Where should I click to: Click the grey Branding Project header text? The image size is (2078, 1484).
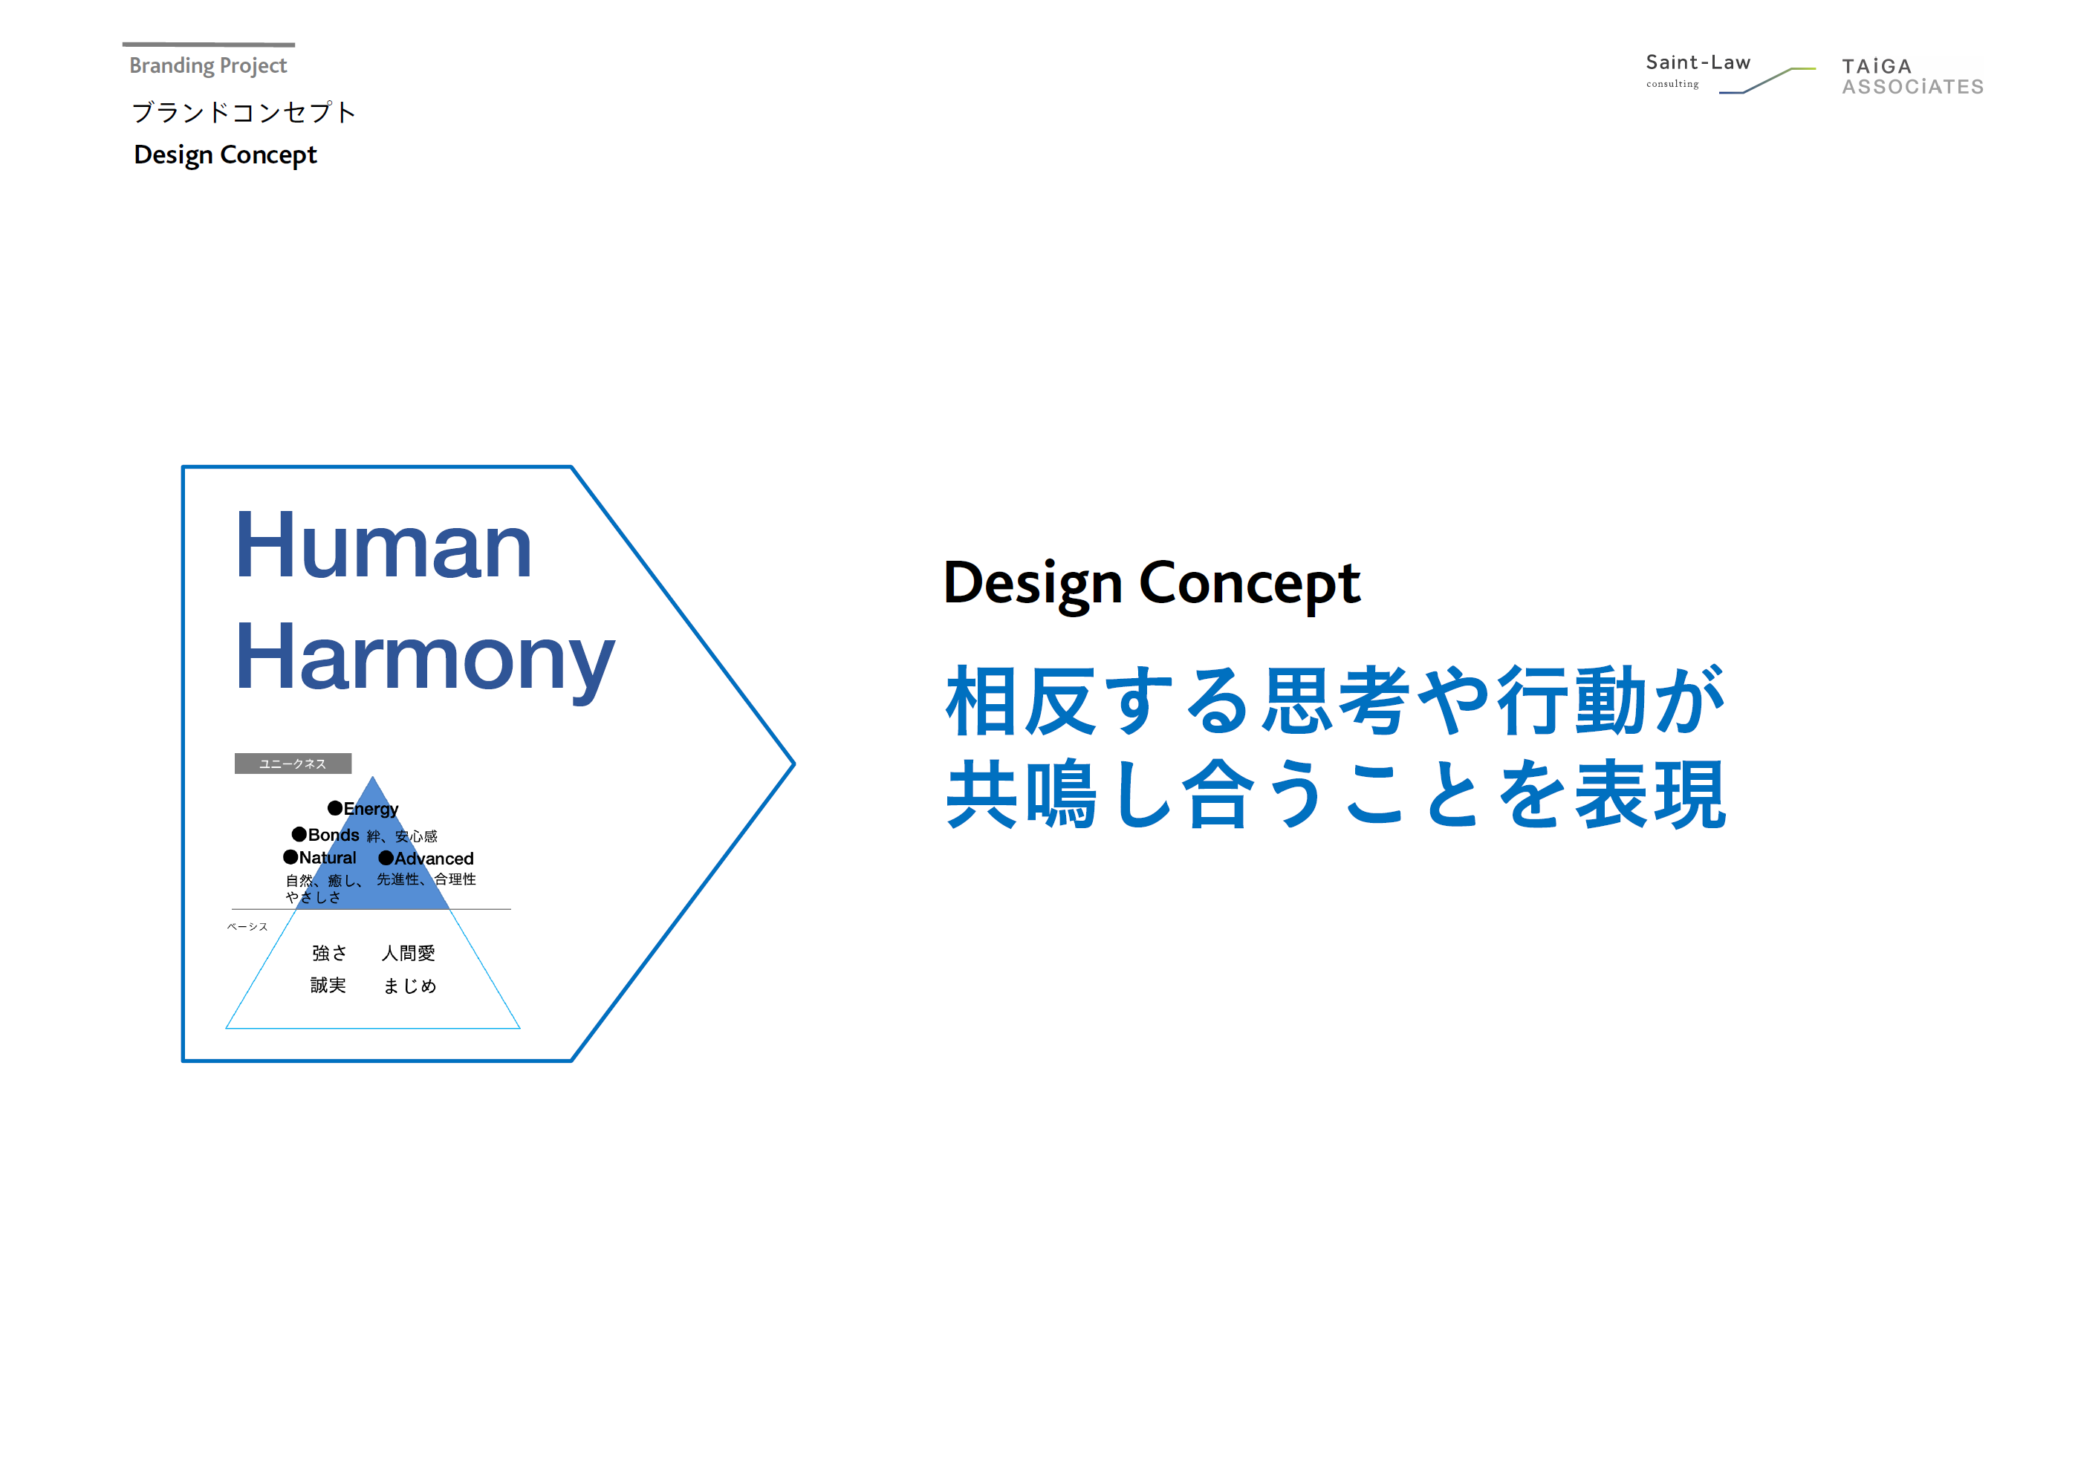[x=207, y=66]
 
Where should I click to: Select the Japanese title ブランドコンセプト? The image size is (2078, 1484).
[x=243, y=112]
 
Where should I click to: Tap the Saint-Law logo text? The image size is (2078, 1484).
[x=1697, y=62]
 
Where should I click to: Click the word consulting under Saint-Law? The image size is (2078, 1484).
[x=1672, y=84]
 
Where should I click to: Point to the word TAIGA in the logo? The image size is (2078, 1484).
[x=1876, y=67]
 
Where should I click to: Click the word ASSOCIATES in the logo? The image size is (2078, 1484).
[x=1912, y=87]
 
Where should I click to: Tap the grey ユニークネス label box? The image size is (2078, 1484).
[x=293, y=763]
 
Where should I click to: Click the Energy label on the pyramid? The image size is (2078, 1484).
[x=370, y=809]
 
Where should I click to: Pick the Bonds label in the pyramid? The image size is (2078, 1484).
[x=333, y=834]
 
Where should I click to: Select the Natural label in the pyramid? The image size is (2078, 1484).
[x=327, y=857]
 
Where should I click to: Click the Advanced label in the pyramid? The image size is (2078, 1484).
[x=433, y=858]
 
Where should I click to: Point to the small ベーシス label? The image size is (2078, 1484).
[x=247, y=927]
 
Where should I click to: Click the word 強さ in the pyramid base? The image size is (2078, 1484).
[x=329, y=953]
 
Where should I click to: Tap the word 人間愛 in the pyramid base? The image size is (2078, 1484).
[x=408, y=953]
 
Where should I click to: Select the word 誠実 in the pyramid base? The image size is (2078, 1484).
[x=328, y=985]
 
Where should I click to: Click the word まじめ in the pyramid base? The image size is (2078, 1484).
[x=409, y=986]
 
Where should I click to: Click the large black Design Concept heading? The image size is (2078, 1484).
[x=1152, y=585]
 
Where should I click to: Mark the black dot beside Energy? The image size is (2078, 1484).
[x=335, y=808]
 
